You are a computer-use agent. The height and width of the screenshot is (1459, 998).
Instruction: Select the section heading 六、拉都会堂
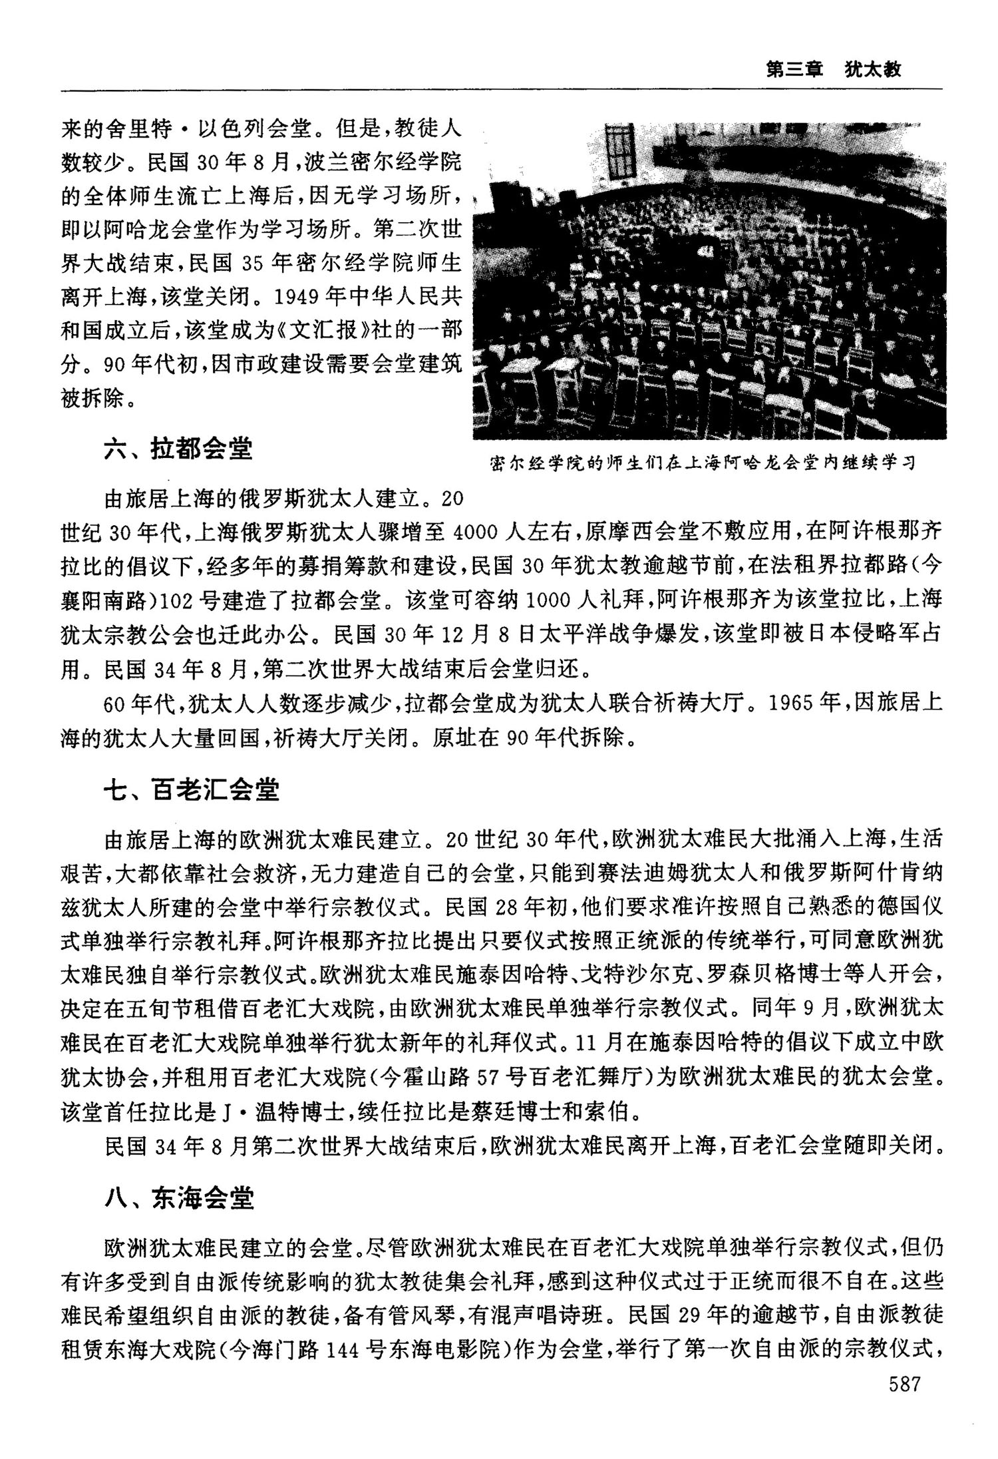pyautogui.click(x=178, y=449)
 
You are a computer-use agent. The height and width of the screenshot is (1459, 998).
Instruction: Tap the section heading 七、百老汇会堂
pyautogui.click(x=192, y=790)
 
